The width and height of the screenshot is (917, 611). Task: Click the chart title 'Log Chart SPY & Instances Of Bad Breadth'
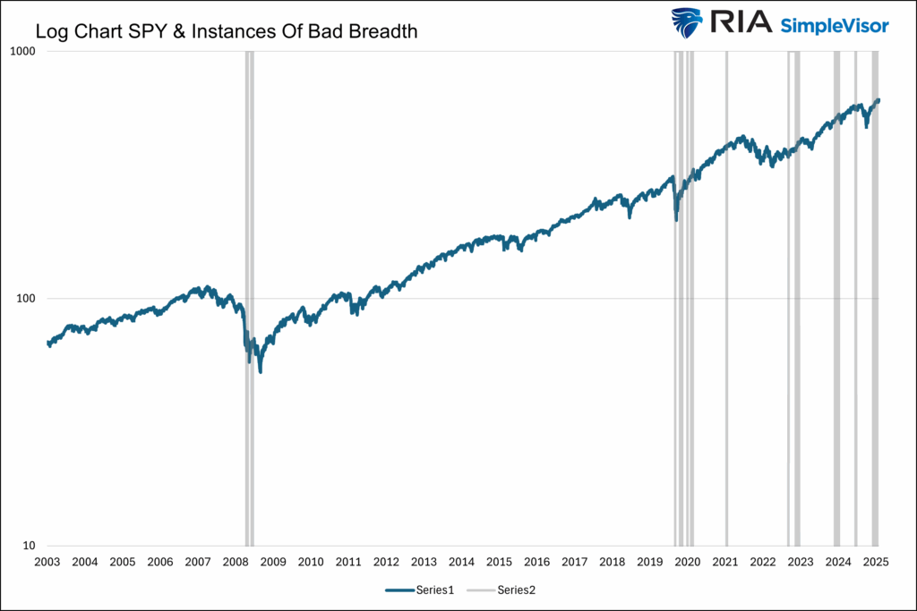227,31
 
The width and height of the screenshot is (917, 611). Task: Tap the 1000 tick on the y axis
22,52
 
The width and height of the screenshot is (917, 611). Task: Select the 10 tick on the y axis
28,546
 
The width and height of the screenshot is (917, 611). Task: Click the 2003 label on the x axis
47,562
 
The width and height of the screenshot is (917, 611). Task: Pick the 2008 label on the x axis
236,562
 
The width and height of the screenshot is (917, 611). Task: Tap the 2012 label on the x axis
386,562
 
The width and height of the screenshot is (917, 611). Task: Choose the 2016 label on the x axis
536,562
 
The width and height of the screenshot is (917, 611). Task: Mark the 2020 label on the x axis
687,562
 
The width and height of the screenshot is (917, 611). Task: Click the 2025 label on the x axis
875,562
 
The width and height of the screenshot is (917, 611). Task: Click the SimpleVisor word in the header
834,24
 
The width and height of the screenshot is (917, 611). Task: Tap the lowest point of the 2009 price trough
261,370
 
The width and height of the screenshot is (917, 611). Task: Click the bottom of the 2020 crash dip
676,219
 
